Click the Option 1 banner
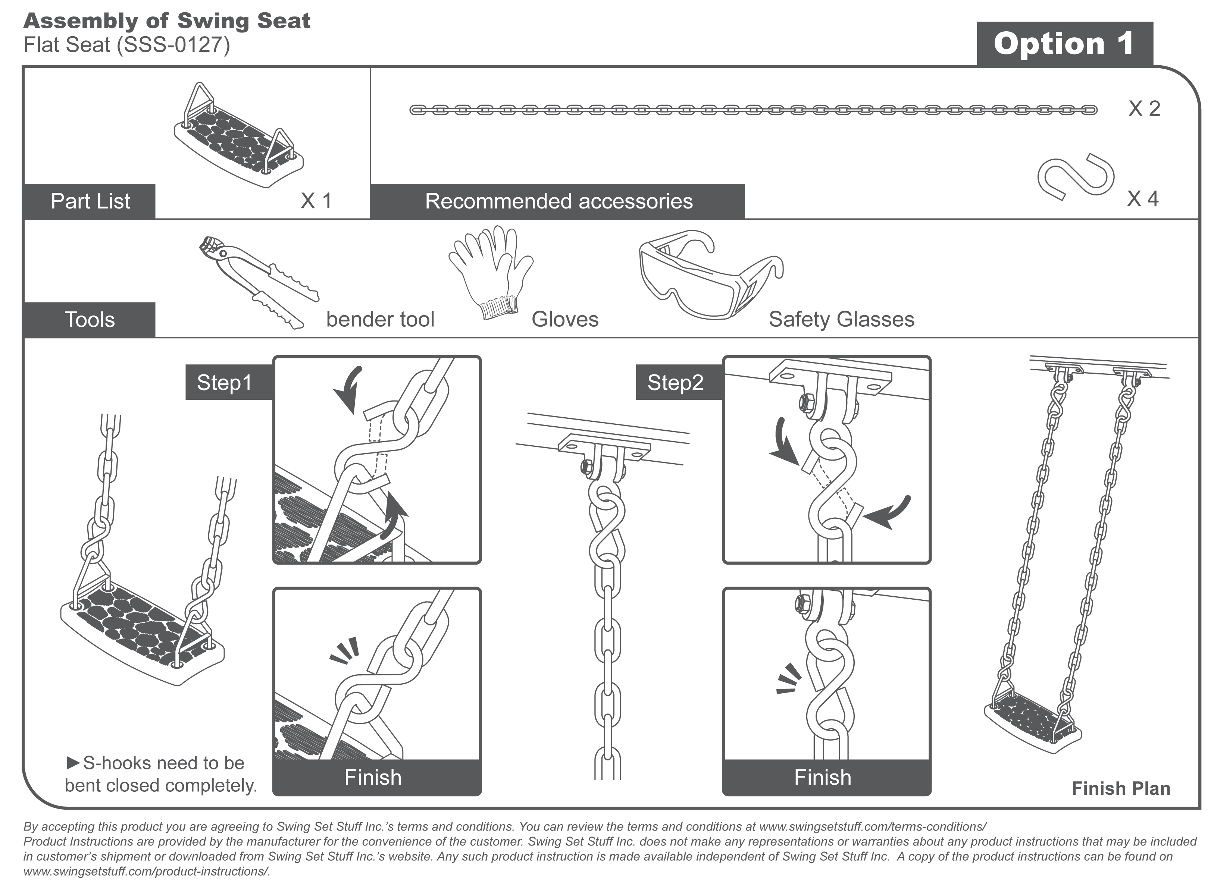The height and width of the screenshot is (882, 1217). [1064, 44]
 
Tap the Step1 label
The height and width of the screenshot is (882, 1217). [224, 383]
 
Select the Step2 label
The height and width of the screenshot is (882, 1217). [675, 383]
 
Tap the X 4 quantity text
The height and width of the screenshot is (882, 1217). [1142, 199]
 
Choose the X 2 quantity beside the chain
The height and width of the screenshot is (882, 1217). [1144, 109]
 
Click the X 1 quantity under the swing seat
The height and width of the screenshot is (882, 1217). [316, 201]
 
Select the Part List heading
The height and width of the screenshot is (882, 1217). [90, 201]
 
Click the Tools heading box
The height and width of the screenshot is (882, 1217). [90, 320]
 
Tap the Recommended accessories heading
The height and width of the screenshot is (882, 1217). [558, 201]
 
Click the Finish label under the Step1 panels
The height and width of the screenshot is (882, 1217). [373, 777]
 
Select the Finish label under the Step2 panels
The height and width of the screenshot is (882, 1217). [823, 777]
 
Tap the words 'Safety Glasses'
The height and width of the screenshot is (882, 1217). [841, 319]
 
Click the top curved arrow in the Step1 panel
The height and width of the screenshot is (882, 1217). [348, 389]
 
